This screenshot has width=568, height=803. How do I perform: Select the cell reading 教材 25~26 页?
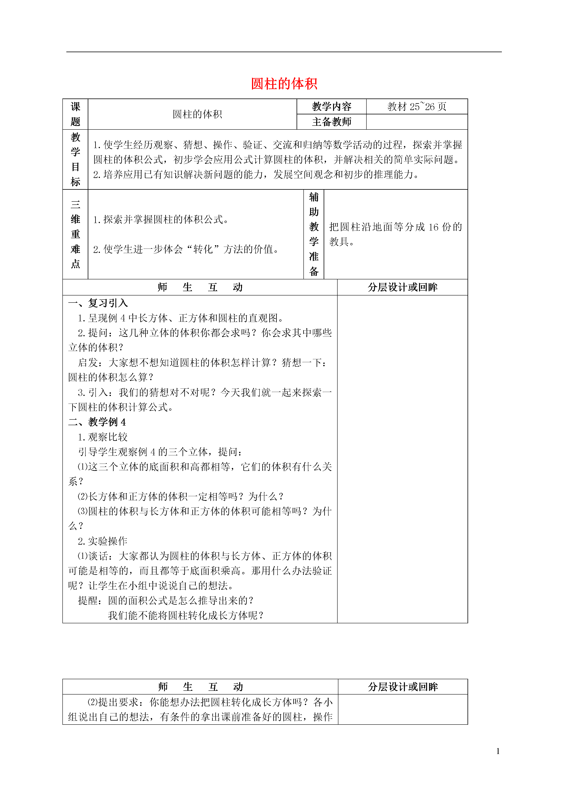(416, 106)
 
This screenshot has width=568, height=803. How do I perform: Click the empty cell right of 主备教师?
(416, 122)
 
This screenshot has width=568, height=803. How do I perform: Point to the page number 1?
(498, 751)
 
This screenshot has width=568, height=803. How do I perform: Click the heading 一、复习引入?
(98, 303)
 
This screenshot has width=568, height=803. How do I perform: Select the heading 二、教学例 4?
(97, 422)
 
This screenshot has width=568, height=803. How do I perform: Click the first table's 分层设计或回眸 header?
(403, 287)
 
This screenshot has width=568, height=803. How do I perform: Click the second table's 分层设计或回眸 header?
(403, 686)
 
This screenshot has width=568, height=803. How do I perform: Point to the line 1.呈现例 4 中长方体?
(181, 318)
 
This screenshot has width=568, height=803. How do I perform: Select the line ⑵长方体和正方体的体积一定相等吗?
(181, 496)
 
